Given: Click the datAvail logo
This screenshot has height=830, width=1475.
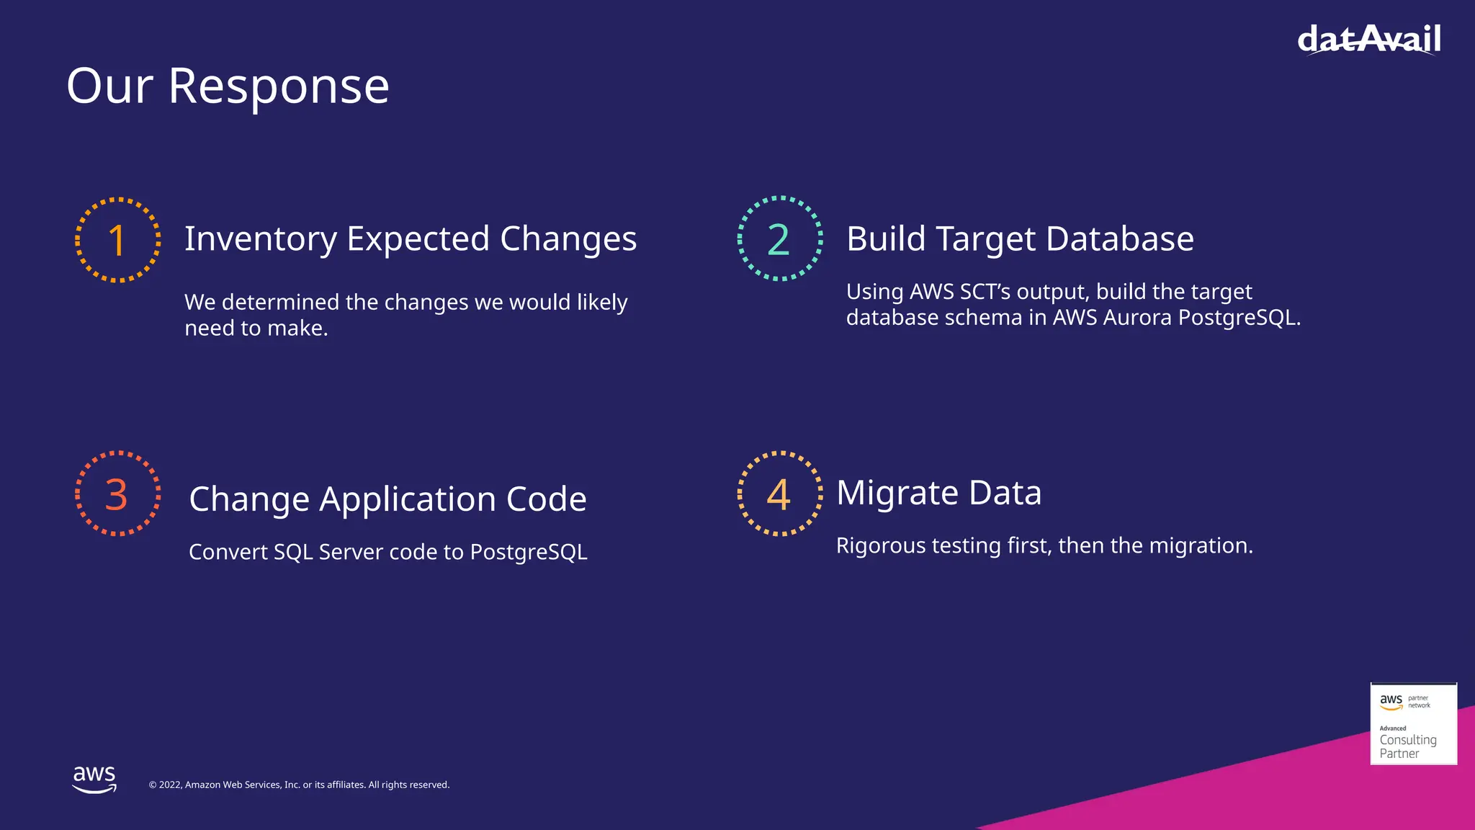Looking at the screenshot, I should pos(1368,40).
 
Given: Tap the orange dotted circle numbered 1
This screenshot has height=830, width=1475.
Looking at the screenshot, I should pos(117,239).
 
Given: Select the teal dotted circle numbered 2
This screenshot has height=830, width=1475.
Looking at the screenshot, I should pos(779,238).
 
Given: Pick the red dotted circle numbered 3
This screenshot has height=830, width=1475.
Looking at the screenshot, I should pos(117,494).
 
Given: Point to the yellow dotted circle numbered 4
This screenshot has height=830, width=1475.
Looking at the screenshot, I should pos(779,494).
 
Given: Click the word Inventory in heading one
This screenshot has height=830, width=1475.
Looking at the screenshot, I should pos(261,239).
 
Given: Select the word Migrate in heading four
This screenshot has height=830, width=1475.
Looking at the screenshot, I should pos(897,494).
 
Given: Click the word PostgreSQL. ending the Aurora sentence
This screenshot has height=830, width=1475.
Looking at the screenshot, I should pos(1239,318).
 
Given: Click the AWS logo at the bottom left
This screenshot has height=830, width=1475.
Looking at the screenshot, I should pos(94,779).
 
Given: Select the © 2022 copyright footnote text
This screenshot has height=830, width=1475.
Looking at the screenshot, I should pos(299,785).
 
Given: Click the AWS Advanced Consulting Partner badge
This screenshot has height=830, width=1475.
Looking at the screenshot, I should pos(1413,724).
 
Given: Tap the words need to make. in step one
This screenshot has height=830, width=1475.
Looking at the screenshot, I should pos(256,329).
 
